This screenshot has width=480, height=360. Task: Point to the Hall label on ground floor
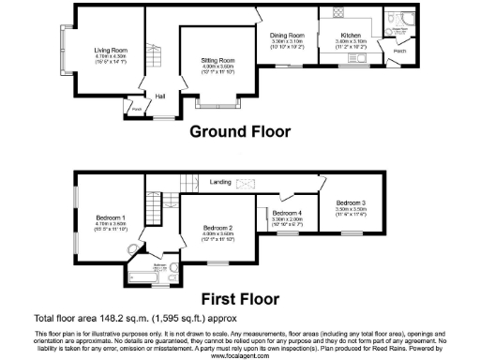(x=160, y=95)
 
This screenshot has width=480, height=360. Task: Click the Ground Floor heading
(x=240, y=131)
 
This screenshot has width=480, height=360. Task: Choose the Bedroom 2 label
(x=217, y=227)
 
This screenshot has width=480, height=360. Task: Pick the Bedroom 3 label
(x=351, y=202)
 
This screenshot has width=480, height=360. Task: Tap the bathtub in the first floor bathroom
(x=144, y=277)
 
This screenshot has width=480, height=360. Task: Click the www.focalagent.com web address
(x=240, y=356)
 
